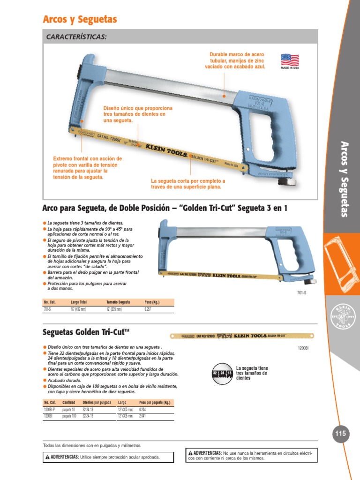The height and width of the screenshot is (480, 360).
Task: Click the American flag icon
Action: (290, 60)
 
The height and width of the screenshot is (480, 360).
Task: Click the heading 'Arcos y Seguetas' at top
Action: (80, 20)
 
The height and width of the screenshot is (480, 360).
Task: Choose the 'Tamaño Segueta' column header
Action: (118, 302)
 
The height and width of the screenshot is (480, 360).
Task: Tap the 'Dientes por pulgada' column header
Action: (97, 403)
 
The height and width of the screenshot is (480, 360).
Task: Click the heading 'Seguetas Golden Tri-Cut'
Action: (85, 332)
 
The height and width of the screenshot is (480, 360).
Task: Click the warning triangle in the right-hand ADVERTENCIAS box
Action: (190, 453)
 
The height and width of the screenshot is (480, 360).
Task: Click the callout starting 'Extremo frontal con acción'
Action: (87, 168)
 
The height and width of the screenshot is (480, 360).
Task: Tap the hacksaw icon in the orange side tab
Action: (341, 265)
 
